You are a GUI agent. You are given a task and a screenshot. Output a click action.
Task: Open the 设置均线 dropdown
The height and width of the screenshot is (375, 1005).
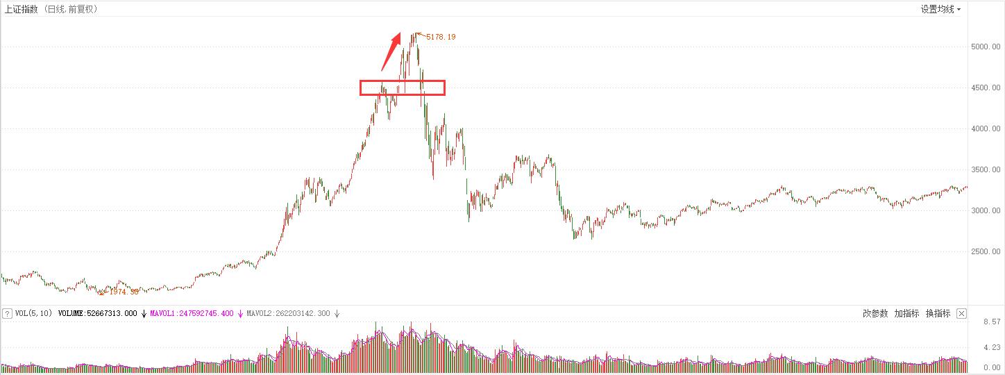(940, 9)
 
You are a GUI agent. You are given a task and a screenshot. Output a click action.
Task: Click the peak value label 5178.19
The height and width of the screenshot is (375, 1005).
(441, 37)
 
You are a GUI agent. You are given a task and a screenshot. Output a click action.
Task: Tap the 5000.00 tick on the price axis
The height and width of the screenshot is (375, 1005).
(986, 47)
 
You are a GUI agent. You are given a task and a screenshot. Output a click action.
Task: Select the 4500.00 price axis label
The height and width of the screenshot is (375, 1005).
(986, 87)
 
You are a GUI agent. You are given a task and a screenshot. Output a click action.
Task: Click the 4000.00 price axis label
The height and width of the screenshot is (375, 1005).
(986, 128)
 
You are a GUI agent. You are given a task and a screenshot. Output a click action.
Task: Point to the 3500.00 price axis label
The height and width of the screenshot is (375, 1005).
(986, 169)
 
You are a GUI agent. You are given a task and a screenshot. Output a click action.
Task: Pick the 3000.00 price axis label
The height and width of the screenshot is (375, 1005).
(986, 210)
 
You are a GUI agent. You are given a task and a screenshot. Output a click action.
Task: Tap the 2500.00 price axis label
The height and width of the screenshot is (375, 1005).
(986, 251)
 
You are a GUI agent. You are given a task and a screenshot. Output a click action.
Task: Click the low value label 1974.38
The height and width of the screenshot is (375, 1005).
(124, 292)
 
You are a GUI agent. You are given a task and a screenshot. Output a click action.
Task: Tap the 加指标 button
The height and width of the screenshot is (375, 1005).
(906, 314)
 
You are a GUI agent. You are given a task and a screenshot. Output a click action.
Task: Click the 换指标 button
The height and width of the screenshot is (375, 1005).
(938, 314)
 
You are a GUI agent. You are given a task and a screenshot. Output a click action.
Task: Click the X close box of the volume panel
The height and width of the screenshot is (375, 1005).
(961, 314)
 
